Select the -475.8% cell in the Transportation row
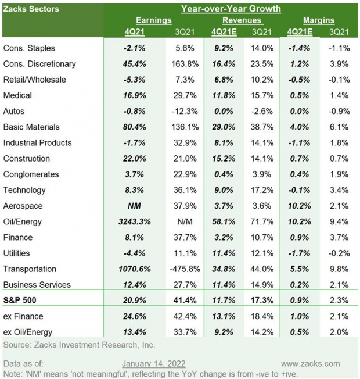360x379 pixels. (x=185, y=269)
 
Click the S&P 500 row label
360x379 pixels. (x=22, y=301)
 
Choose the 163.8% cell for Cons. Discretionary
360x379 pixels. (x=185, y=63)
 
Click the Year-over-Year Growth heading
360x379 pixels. (x=231, y=9)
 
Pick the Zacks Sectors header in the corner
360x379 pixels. (x=31, y=9)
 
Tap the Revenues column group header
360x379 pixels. (x=231, y=20)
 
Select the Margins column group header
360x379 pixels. (x=318, y=20)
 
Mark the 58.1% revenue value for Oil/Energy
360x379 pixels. (x=224, y=222)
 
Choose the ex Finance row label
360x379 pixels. (x=24, y=316)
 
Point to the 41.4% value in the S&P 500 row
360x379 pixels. (x=185, y=301)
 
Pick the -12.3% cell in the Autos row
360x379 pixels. (x=185, y=111)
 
